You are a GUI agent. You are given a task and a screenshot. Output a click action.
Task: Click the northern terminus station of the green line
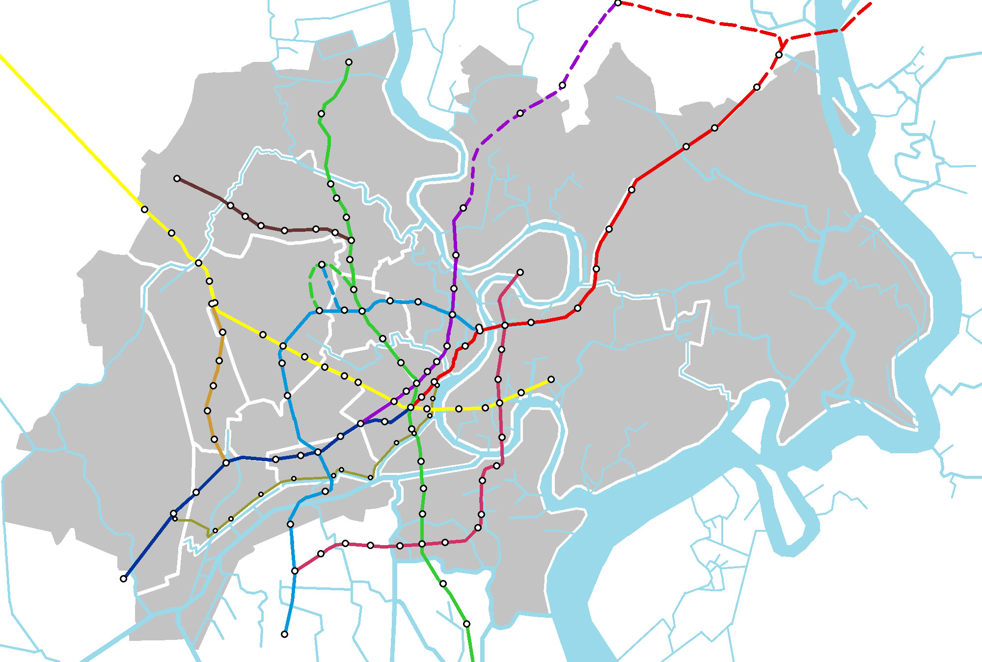click(349, 62)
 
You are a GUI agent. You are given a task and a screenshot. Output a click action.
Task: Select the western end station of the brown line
click(177, 178)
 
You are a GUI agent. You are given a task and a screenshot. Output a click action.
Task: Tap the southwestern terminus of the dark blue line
click(123, 579)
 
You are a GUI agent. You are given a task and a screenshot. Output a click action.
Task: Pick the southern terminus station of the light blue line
click(284, 634)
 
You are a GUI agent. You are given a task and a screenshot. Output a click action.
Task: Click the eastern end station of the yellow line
click(551, 379)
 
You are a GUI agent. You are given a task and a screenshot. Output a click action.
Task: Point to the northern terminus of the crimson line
click(520, 272)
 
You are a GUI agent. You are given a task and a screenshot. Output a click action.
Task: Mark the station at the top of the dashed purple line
click(618, 3)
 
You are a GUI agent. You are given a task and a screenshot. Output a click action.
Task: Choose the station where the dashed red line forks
click(779, 55)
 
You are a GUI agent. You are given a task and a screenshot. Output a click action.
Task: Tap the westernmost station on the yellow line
click(144, 209)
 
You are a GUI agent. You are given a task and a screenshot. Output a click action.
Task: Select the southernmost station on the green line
click(466, 624)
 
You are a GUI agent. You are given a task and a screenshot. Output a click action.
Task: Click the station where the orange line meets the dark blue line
click(226, 463)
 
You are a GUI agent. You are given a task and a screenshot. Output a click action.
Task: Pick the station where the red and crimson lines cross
click(505, 325)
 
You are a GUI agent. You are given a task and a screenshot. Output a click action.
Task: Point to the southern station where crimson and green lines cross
click(422, 544)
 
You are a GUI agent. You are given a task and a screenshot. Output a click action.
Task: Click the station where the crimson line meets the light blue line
click(295, 571)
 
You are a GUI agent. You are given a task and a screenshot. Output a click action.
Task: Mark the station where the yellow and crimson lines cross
click(499, 403)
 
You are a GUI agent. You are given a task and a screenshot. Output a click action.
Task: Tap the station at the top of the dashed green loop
click(322, 264)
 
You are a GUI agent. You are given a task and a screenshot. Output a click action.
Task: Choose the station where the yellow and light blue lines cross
click(283, 346)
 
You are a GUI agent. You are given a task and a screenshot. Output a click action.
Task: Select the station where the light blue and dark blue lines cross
click(318, 452)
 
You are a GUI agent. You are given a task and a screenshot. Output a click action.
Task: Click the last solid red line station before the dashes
click(757, 87)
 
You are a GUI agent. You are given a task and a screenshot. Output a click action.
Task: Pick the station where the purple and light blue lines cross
click(452, 314)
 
